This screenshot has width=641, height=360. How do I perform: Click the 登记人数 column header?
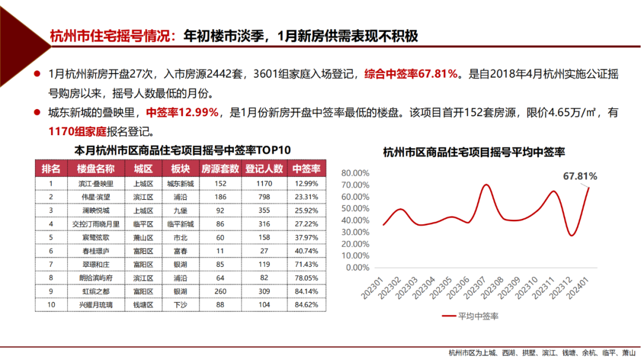(x=264, y=169)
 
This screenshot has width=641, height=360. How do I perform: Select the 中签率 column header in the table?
(x=306, y=169)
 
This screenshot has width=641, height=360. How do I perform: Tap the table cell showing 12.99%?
(x=306, y=184)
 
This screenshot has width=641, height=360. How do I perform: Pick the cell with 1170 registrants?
(x=264, y=184)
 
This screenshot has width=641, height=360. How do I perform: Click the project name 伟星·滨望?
(x=95, y=197)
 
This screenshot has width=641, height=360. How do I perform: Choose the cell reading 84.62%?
(x=306, y=305)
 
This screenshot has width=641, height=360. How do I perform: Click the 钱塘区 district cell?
(x=143, y=305)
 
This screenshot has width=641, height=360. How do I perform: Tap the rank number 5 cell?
(x=51, y=237)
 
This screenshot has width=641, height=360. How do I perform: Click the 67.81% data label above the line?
(x=580, y=176)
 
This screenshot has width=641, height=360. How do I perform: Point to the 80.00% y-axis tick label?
(x=356, y=173)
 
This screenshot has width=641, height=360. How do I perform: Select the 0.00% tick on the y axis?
(x=357, y=267)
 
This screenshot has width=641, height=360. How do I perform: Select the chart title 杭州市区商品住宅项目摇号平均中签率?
(x=474, y=152)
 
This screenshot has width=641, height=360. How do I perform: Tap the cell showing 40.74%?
(x=306, y=251)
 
